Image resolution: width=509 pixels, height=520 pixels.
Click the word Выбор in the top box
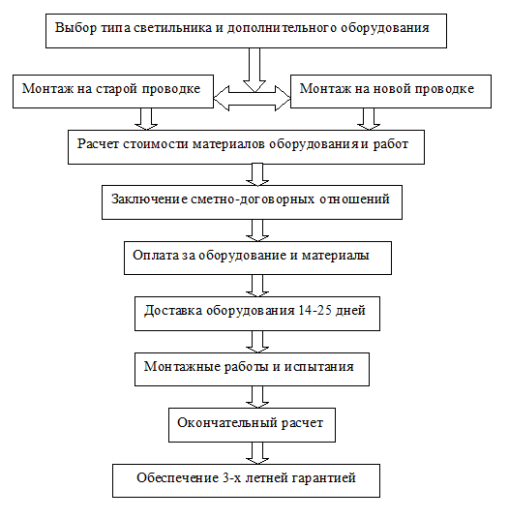point(75,27)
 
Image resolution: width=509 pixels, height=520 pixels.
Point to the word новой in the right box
point(392,88)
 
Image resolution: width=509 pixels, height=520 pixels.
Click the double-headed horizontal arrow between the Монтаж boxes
point(253,98)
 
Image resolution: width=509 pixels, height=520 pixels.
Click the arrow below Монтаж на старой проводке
point(146,119)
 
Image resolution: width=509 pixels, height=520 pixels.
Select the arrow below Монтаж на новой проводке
point(369,119)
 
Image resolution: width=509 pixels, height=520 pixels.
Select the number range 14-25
point(315,310)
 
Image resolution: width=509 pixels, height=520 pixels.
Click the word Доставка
point(173,311)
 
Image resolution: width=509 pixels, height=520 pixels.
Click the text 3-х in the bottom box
point(230,478)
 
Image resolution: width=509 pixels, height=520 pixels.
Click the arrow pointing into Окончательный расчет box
point(257,397)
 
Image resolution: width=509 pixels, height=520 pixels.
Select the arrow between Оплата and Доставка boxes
point(257,286)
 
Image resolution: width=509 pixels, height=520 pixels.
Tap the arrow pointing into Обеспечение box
point(257,453)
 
